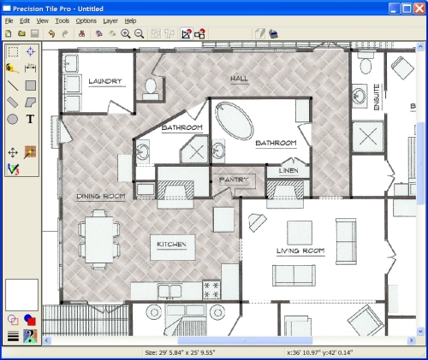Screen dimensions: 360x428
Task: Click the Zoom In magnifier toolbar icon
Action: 125,33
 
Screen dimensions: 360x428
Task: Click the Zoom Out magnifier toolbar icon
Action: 139,33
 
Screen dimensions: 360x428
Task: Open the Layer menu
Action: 110,20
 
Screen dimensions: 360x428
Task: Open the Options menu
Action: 86,20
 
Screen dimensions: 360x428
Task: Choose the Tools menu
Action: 62,20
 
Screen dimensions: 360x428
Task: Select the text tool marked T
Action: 31,119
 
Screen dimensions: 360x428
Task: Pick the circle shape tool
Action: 13,119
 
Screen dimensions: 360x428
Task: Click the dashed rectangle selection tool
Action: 13,51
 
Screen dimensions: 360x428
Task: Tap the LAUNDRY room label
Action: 104,82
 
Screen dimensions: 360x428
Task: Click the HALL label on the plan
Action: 239,79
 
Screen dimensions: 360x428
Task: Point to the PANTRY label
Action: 233,180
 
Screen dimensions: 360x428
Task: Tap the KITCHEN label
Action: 171,245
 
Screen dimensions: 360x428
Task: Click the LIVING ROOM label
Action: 299,251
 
